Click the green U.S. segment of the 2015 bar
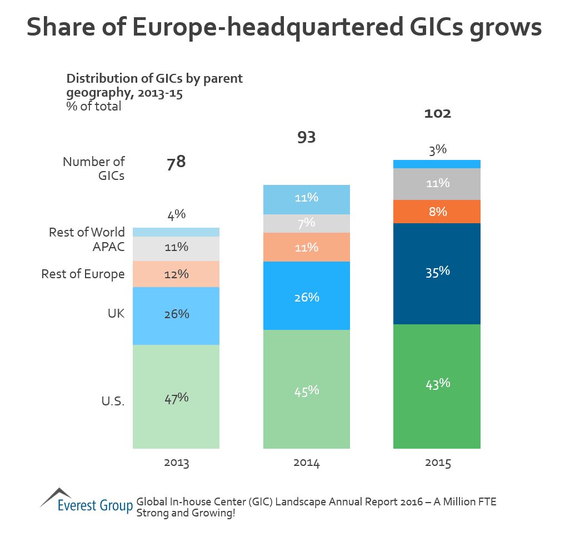(x=437, y=386)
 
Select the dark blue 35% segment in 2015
(x=437, y=273)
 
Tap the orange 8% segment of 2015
(x=437, y=212)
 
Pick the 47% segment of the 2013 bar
(x=177, y=397)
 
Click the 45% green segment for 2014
(x=307, y=389)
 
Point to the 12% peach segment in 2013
(x=177, y=274)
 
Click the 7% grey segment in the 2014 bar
(x=307, y=223)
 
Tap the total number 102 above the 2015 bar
(x=437, y=114)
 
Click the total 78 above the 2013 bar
(x=176, y=163)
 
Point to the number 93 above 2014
(x=306, y=137)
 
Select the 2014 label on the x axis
(x=306, y=463)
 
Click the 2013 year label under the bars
(x=177, y=463)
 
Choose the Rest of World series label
(x=87, y=232)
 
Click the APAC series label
(x=108, y=247)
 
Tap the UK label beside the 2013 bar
(x=116, y=314)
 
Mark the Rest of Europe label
(x=83, y=274)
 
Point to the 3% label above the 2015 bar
(x=437, y=149)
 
